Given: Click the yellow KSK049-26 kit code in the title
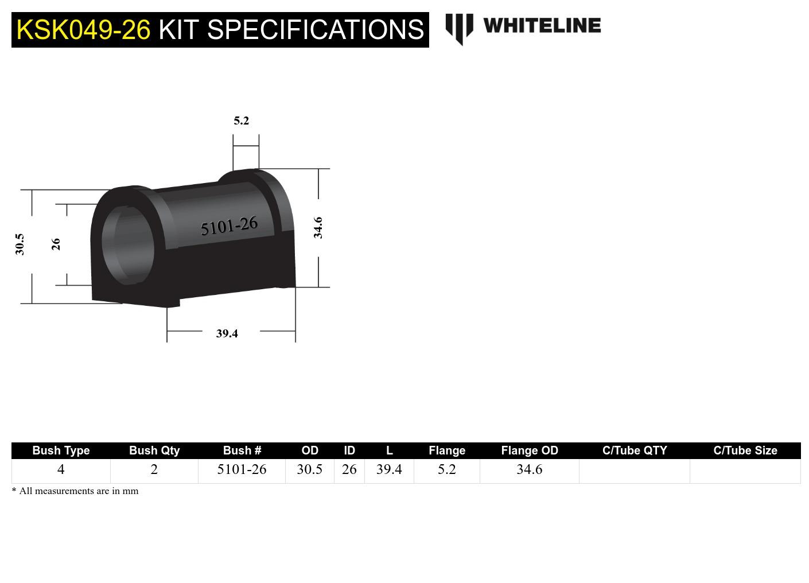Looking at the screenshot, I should pyautogui.click(x=83, y=30).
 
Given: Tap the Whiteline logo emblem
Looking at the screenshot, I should pyautogui.click(x=459, y=28).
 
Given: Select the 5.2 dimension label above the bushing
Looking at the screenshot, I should pyautogui.click(x=242, y=121).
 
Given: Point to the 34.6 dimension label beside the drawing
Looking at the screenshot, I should pyautogui.click(x=318, y=228).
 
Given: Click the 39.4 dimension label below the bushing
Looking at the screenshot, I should pyautogui.click(x=227, y=333).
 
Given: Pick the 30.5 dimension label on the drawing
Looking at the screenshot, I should pyautogui.click(x=20, y=244).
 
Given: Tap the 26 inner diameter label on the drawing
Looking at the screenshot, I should pyautogui.click(x=56, y=244).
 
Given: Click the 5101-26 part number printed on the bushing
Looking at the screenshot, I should pyautogui.click(x=229, y=226).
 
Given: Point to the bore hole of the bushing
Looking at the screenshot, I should pyautogui.click(x=127, y=245).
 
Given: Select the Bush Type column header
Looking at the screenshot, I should pyautogui.click(x=61, y=450).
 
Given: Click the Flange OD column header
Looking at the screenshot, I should pyautogui.click(x=529, y=450).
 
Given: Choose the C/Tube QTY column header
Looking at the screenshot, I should pyautogui.click(x=635, y=450).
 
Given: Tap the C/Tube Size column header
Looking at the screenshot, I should pyautogui.click(x=745, y=450).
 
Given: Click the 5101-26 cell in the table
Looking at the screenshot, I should pyautogui.click(x=242, y=469).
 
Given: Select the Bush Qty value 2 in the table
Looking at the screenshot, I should pyautogui.click(x=154, y=469).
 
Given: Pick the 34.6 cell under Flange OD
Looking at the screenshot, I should pyautogui.click(x=529, y=469).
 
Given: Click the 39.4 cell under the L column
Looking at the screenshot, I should pyautogui.click(x=389, y=469).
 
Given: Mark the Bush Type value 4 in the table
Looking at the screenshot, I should pyautogui.click(x=61, y=469).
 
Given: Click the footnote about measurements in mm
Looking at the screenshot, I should pyautogui.click(x=75, y=491).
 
